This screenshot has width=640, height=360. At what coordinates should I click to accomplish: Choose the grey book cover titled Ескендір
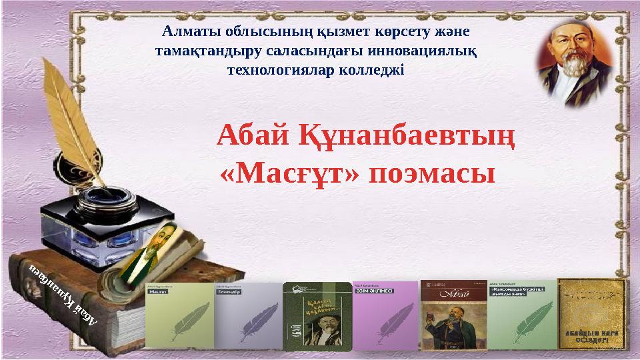coord(247,315)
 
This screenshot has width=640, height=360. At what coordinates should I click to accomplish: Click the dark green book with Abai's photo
coord(317,315)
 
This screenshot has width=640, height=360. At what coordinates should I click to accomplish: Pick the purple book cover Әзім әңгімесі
coord(385,315)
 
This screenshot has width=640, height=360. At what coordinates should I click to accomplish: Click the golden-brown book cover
coord(591,313)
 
